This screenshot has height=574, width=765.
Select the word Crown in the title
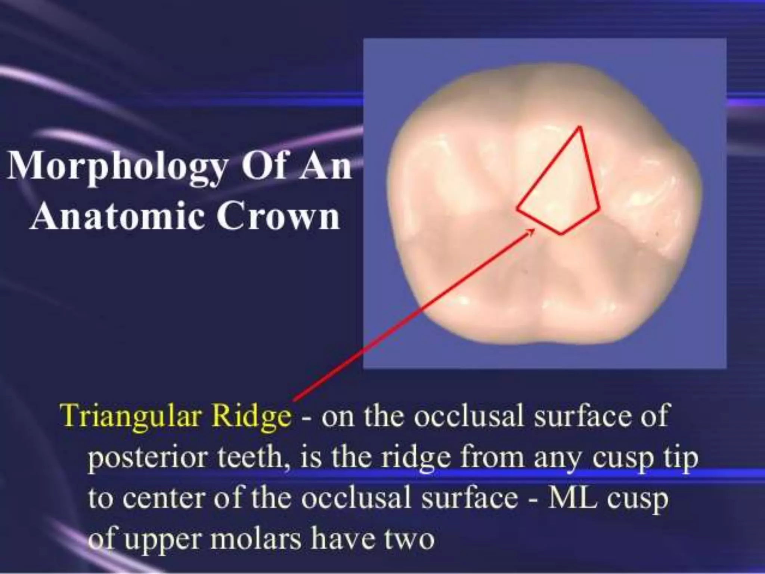278,217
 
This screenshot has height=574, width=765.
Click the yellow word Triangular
131,416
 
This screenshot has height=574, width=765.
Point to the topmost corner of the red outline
580,127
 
